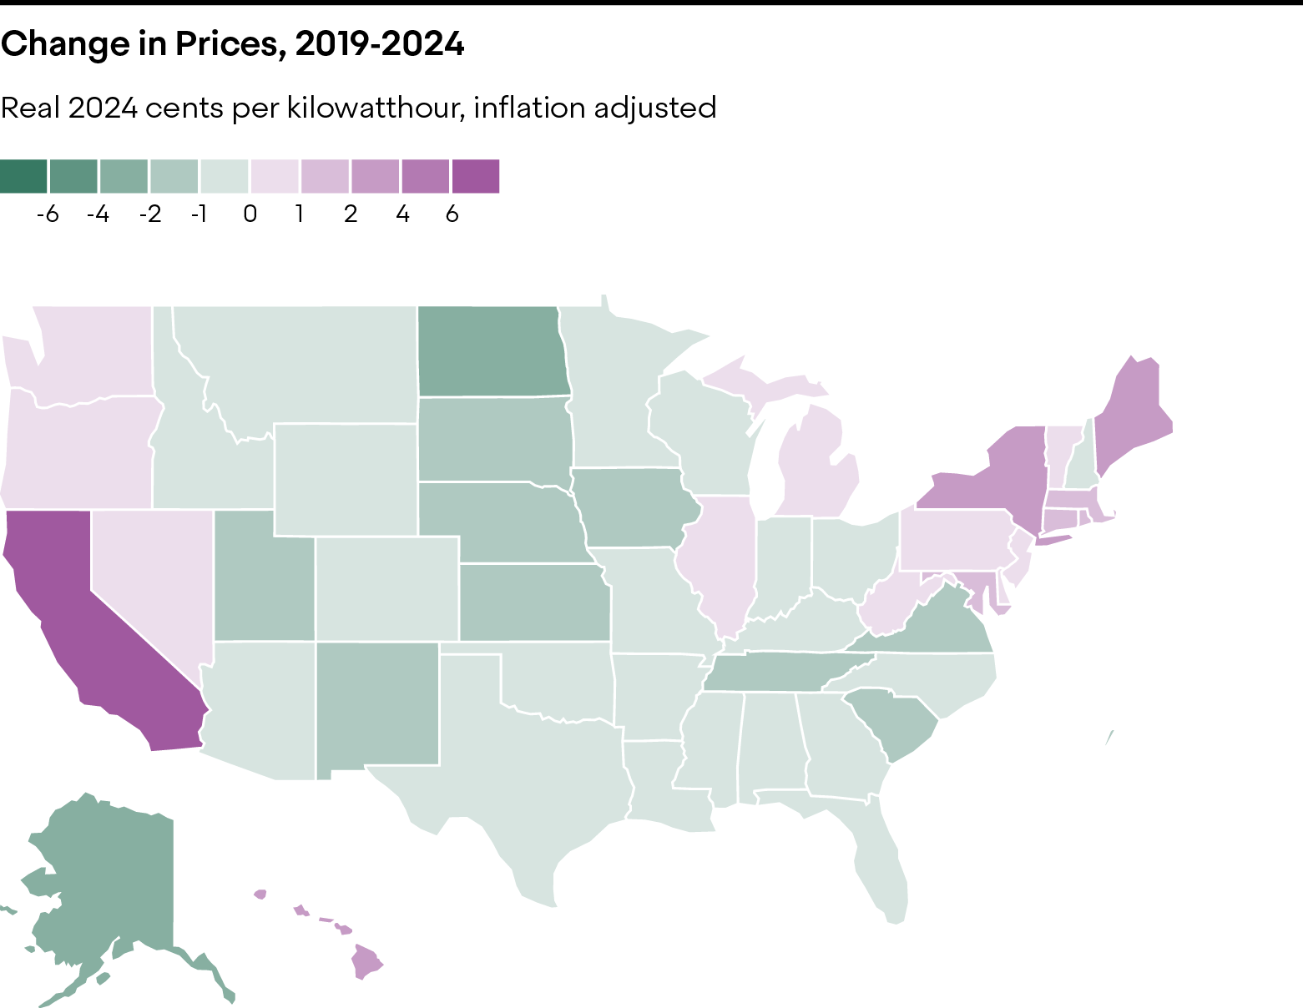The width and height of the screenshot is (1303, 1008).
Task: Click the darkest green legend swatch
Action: coord(24,177)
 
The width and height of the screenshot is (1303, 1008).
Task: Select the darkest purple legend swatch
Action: coord(476,177)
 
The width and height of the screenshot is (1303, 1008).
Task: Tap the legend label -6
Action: coord(48,214)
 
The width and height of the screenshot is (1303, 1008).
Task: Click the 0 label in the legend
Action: coord(250,214)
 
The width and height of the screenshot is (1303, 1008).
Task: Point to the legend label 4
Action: coord(403,214)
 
